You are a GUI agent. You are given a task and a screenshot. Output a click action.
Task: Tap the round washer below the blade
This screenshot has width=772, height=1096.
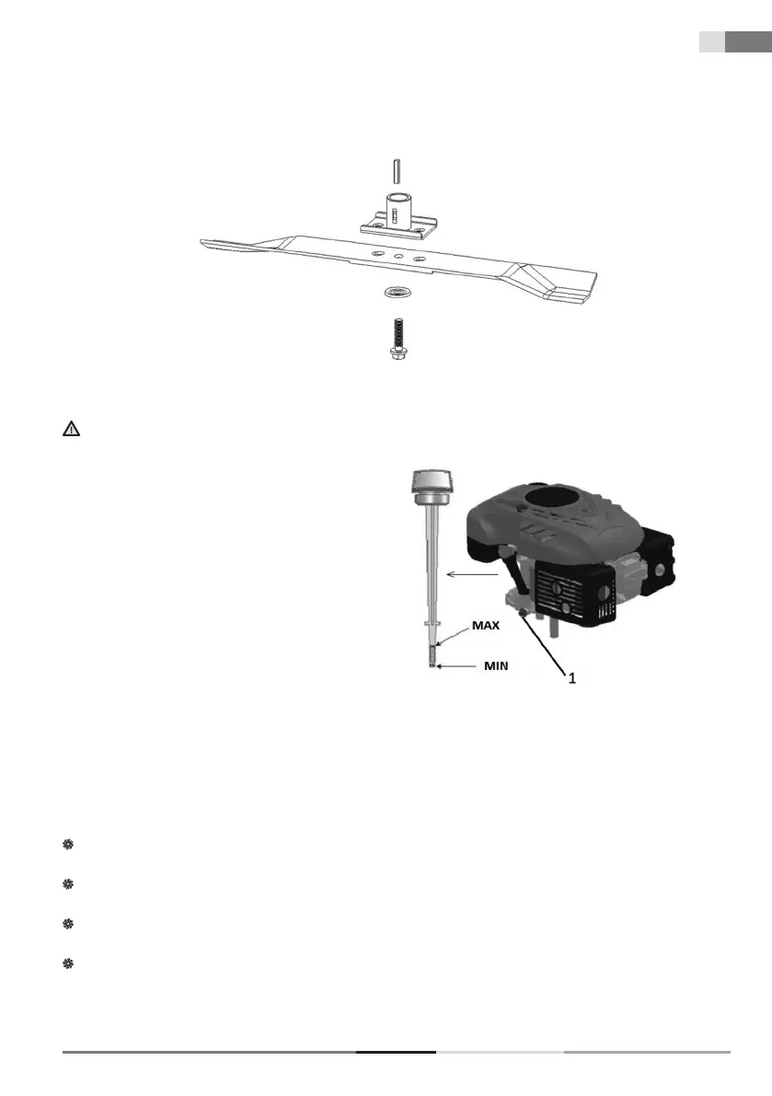point(398,294)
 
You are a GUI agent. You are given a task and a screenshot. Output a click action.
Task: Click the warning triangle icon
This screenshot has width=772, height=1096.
point(70,429)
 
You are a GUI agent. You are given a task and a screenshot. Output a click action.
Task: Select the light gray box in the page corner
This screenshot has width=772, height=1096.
point(710,42)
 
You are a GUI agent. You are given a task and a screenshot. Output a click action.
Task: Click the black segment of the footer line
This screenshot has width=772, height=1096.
point(396,1051)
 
